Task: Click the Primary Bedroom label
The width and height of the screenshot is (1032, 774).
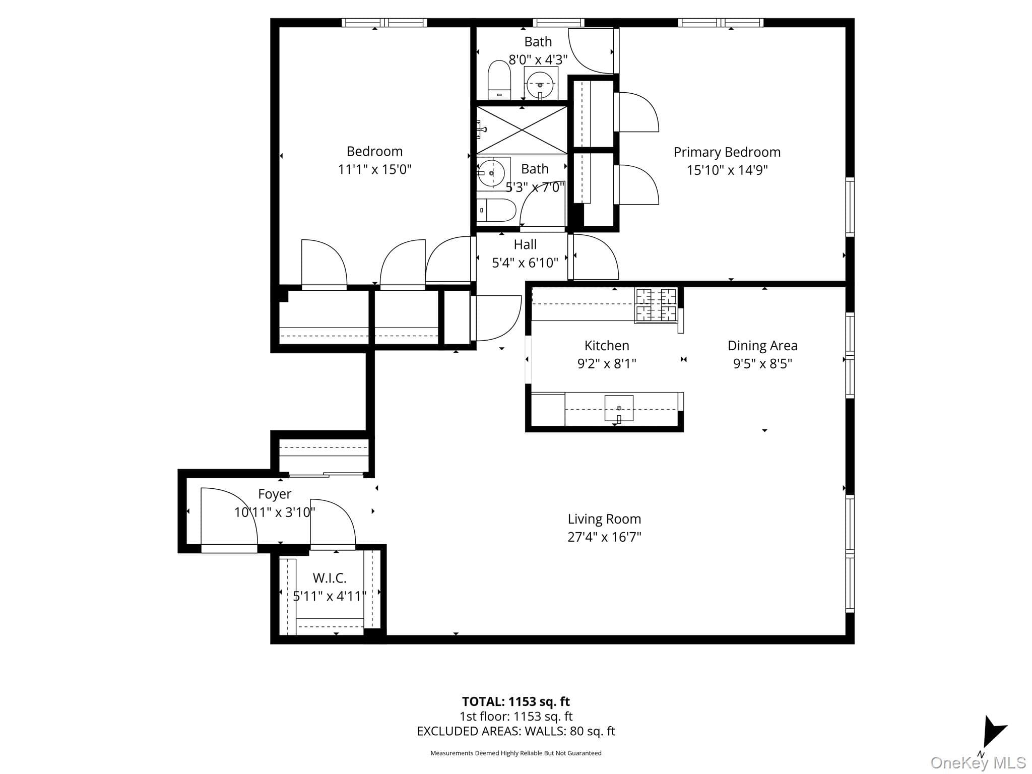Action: (x=727, y=152)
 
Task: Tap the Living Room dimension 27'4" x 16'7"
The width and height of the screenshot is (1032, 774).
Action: (x=604, y=537)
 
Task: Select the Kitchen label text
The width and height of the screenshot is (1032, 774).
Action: (x=607, y=346)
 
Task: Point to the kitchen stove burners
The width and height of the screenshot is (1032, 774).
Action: (x=656, y=305)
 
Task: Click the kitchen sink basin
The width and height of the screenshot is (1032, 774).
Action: (x=619, y=409)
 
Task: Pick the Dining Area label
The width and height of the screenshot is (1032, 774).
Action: (x=762, y=346)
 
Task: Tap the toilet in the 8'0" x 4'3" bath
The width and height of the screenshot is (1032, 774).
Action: (x=499, y=80)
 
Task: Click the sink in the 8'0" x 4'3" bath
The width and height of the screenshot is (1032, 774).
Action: (x=541, y=84)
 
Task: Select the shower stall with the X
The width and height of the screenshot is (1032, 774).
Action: (x=522, y=130)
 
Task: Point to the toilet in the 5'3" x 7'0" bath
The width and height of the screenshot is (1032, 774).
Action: (x=496, y=210)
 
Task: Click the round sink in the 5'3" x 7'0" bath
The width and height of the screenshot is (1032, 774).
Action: (x=492, y=173)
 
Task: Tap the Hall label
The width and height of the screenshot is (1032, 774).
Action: (x=525, y=244)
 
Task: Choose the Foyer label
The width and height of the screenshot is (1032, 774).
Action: (x=275, y=494)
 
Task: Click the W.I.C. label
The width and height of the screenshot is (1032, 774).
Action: (x=330, y=578)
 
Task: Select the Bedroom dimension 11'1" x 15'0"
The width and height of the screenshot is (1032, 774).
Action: (x=374, y=169)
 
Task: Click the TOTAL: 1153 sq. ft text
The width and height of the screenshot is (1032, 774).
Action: (x=516, y=701)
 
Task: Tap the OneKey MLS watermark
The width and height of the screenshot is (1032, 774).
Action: (x=978, y=762)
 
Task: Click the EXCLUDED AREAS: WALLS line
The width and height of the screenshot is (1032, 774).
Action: (x=516, y=731)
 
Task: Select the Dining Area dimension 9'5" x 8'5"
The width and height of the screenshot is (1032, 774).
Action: (x=762, y=364)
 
